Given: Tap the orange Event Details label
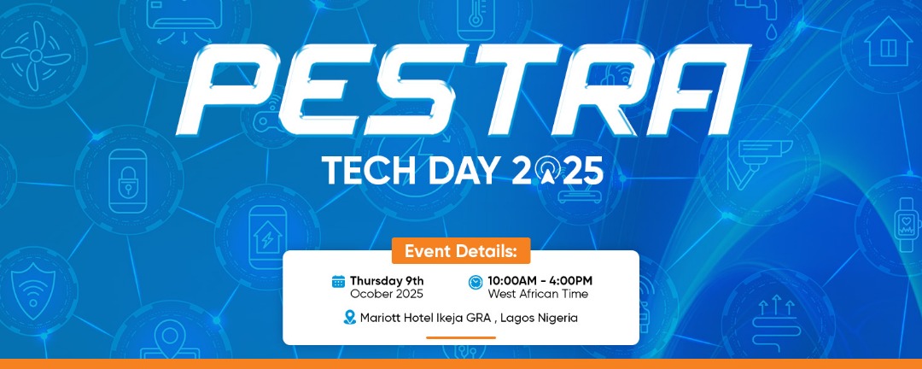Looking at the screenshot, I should point(461,251).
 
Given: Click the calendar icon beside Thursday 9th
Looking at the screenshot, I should point(338,282).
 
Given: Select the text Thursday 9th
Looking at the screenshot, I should point(387,281).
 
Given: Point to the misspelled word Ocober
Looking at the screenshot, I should point(370,294).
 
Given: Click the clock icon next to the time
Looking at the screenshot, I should point(476,282).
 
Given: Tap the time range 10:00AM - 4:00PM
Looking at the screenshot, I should point(540,281).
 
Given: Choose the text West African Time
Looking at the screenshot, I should point(538,294).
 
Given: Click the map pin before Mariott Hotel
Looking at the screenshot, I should point(348,318).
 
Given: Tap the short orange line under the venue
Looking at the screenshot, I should point(461,337).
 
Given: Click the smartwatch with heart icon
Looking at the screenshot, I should point(902,219).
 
